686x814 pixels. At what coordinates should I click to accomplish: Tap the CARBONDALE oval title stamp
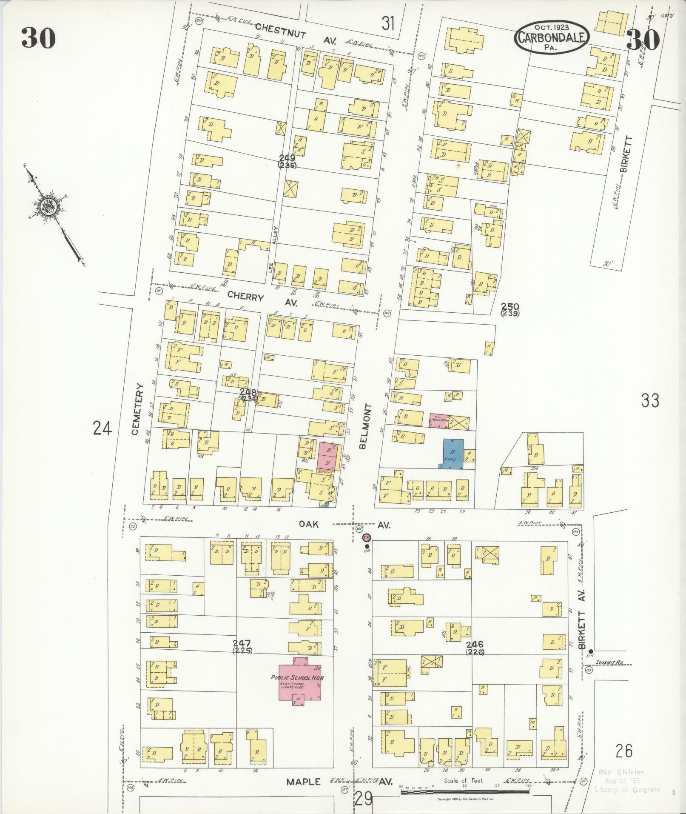pyautogui.click(x=552, y=37)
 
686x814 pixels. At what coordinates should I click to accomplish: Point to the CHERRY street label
pyautogui.click(x=245, y=297)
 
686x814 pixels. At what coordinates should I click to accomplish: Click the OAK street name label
pyautogui.click(x=309, y=524)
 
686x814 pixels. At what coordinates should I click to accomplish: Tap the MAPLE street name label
pyautogui.click(x=303, y=782)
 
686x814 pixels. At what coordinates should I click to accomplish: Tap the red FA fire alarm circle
pyautogui.click(x=367, y=537)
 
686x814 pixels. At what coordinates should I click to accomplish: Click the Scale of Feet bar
pyautogui.click(x=465, y=794)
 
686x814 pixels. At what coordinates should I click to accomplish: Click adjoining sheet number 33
pyautogui.click(x=650, y=400)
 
